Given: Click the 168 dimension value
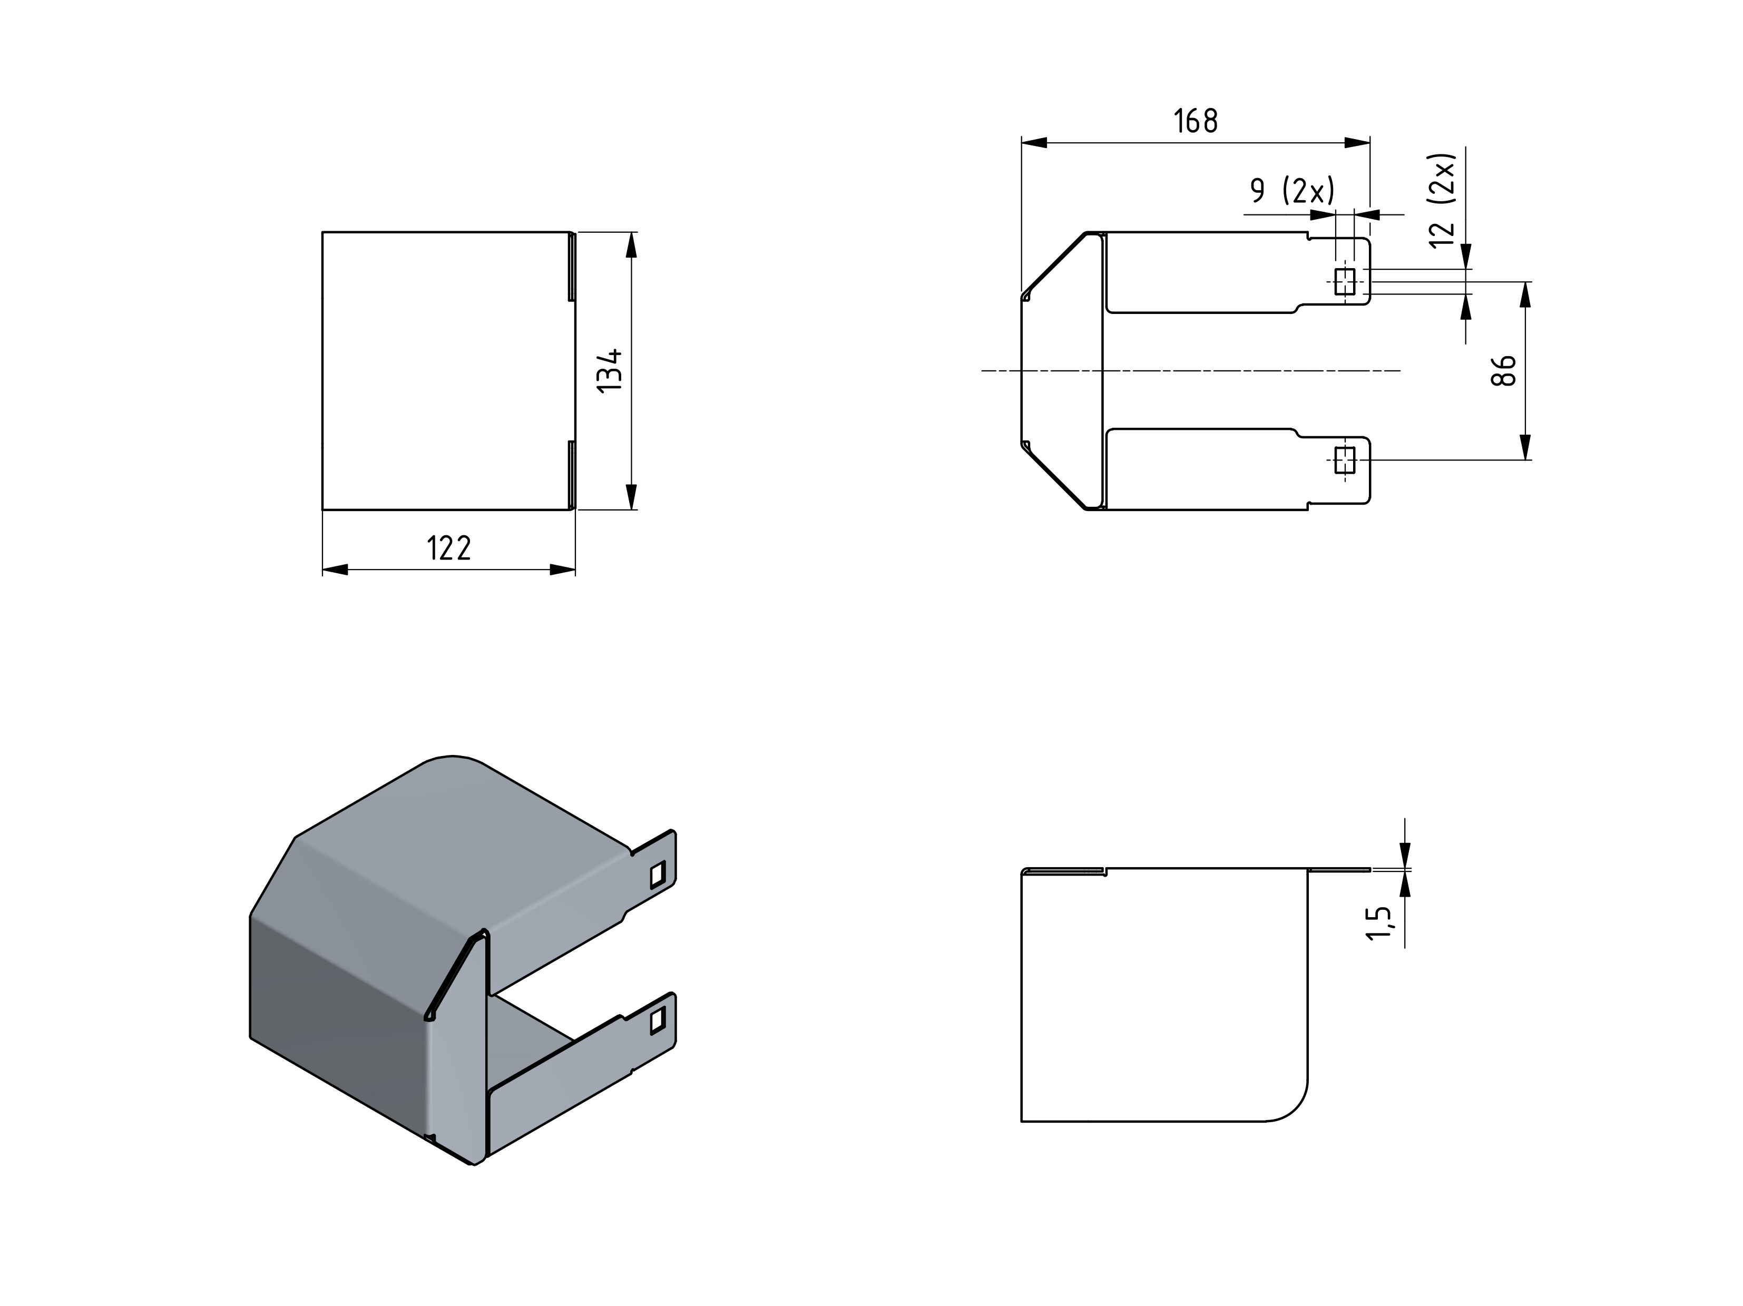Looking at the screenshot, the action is coord(1196,121).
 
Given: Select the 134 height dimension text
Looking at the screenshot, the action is coord(610,371).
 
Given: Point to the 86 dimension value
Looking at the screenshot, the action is coord(1503,370).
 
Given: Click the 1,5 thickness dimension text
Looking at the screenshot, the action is coord(1379,922).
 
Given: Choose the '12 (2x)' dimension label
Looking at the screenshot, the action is coord(1442,200).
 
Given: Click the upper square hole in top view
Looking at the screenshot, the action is coord(1345,281).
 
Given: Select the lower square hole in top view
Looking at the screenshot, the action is coord(1345,460).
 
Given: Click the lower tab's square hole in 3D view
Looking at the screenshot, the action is coord(657,1021).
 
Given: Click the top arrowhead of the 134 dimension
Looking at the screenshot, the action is coord(630,245).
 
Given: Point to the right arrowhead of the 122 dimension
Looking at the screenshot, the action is coord(563,569).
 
